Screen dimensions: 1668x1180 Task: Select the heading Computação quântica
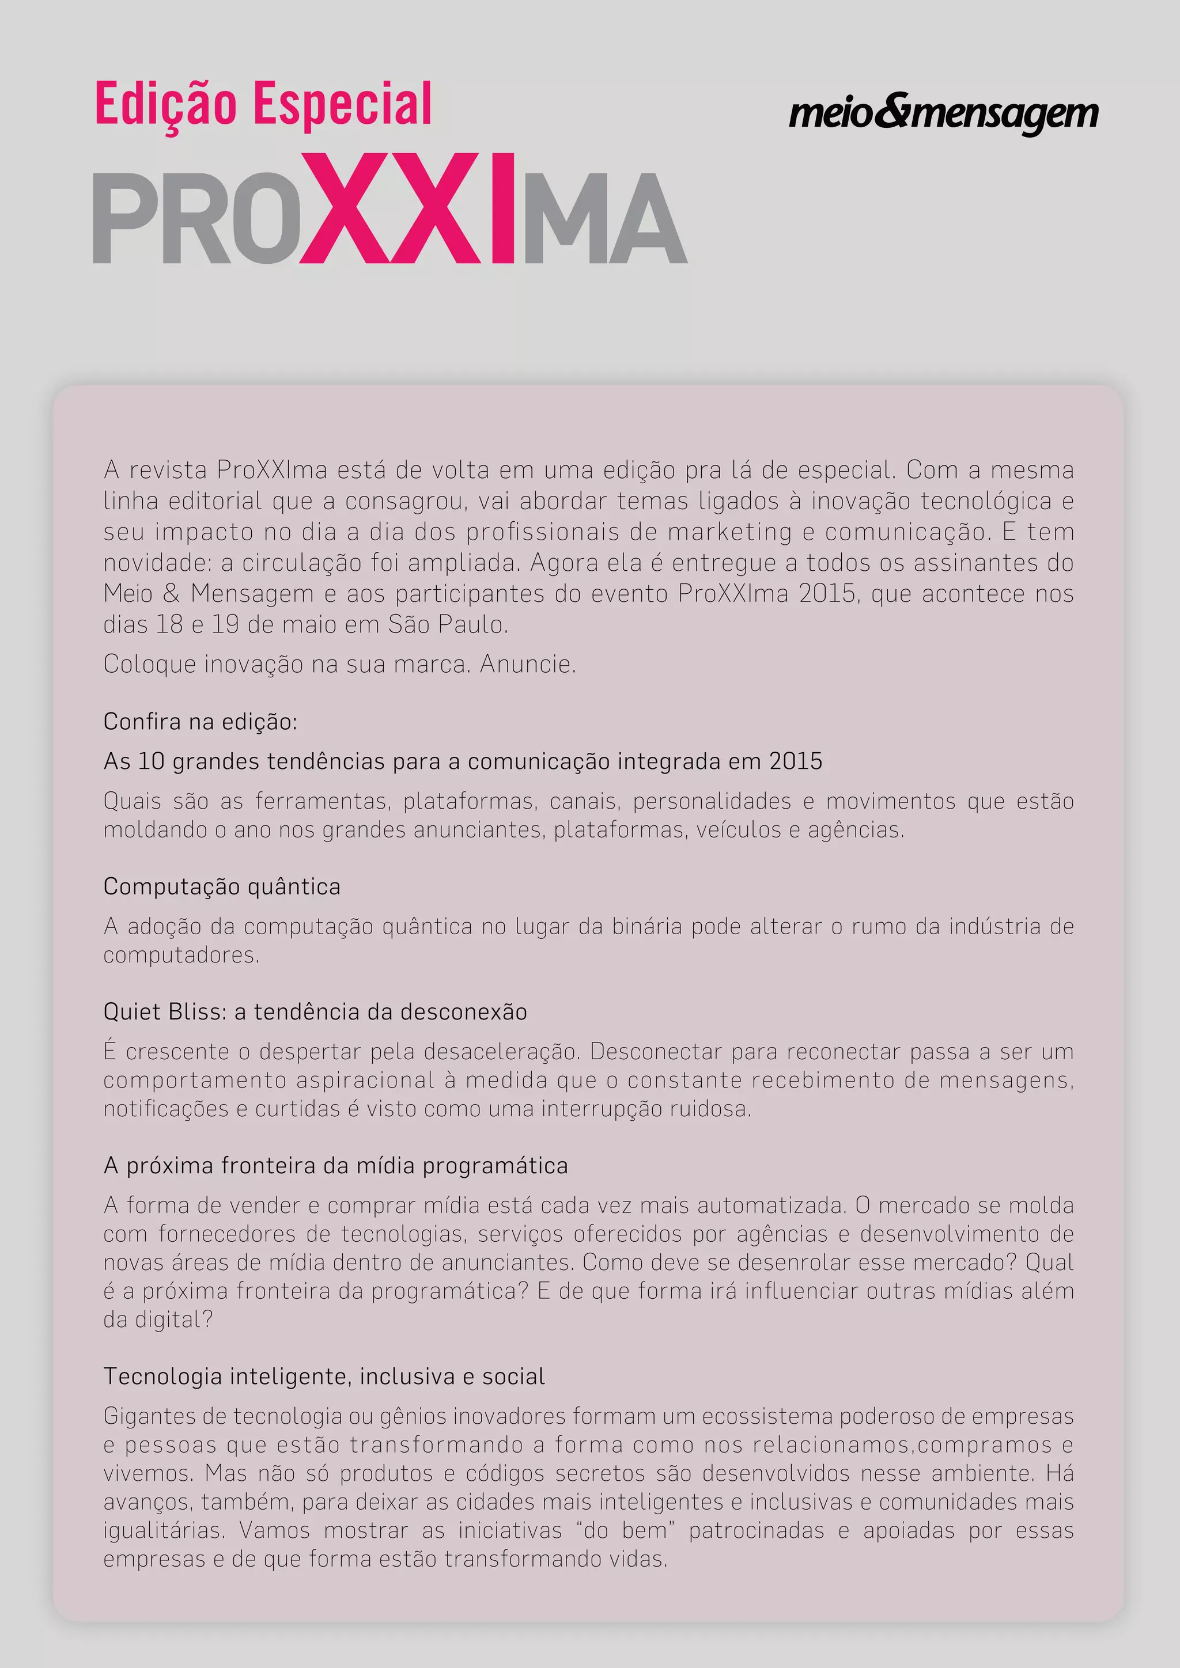(x=222, y=887)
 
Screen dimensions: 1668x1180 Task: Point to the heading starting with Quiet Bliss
(x=315, y=1012)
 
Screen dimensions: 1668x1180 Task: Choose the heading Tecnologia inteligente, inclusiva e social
(x=323, y=1377)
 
